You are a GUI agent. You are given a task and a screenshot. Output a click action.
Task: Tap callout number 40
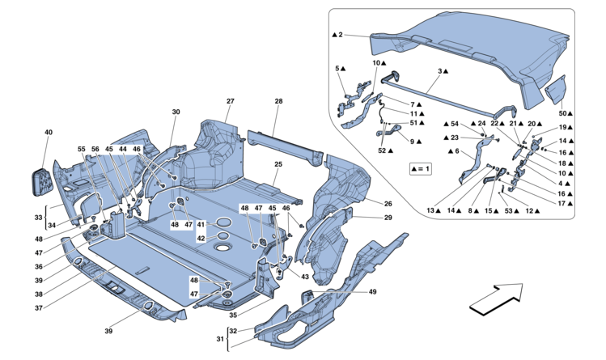[x=49, y=131]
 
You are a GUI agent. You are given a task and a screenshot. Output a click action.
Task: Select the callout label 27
[x=230, y=100]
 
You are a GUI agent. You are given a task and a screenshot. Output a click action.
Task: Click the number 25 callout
[x=278, y=164]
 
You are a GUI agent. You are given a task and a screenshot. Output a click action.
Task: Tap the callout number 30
[x=175, y=112]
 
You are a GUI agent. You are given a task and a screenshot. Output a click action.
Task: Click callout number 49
[x=372, y=291]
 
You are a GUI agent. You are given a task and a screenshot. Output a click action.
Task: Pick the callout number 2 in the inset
[x=341, y=35]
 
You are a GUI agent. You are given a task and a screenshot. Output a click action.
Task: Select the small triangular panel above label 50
[x=555, y=91]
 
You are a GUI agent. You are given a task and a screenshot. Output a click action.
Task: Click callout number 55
[x=81, y=150]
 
